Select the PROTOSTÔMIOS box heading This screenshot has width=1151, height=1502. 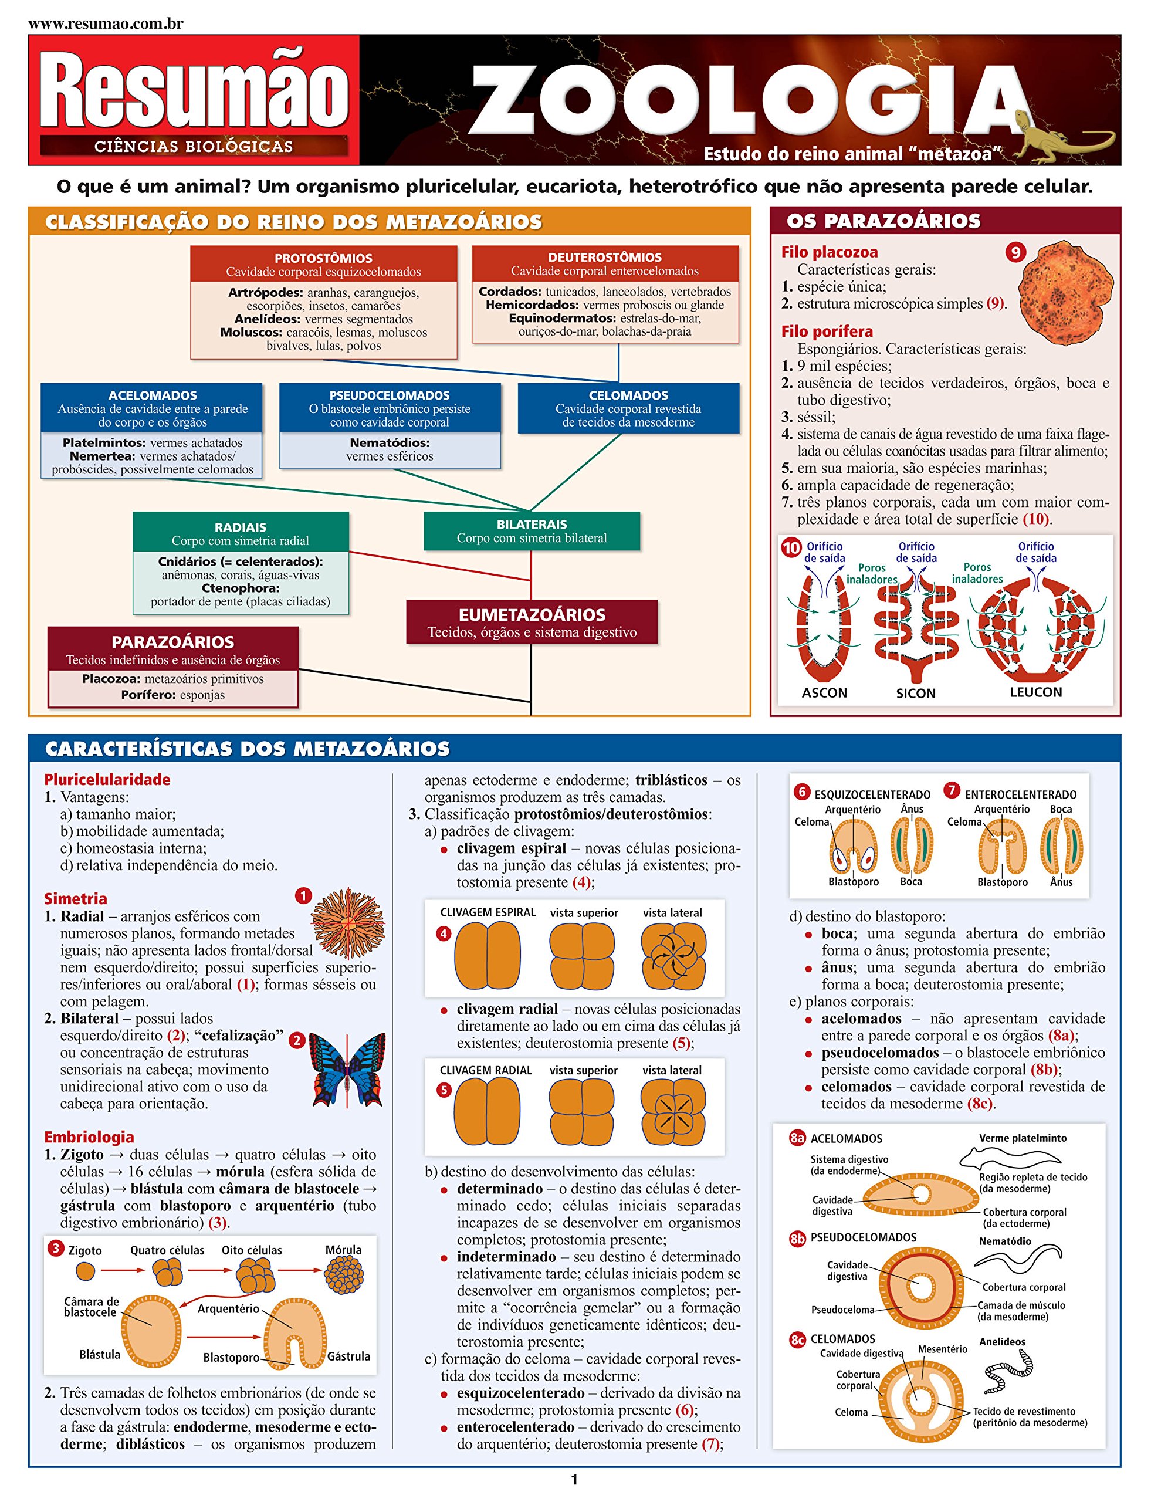[323, 258]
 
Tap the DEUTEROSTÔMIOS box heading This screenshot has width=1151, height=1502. [605, 258]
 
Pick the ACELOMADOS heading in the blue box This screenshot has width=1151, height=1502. [152, 395]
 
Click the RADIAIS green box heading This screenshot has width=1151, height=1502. [241, 527]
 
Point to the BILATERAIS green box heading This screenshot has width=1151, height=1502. [532, 524]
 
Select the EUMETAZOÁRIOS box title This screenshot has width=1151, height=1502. [532, 615]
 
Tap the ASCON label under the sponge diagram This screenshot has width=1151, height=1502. [824, 693]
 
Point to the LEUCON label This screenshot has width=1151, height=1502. [1036, 692]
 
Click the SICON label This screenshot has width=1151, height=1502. [915, 694]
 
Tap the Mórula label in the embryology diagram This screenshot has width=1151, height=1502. [343, 1249]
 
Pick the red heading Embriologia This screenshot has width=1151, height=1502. [89, 1137]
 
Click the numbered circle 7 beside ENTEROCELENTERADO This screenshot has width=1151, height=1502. [952, 791]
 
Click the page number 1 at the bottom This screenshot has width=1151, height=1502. [574, 1480]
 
